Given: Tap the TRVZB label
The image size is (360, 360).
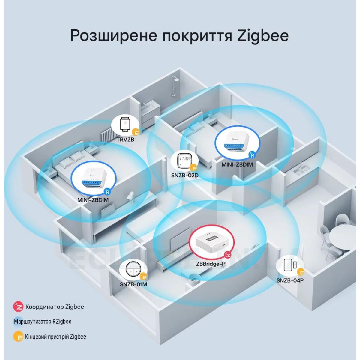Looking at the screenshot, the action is coord(125,139).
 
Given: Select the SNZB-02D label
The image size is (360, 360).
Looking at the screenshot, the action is coord(185,175).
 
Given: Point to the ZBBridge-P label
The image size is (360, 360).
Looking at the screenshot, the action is coord(211,264).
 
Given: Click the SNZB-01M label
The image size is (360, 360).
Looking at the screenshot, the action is coord(133,284).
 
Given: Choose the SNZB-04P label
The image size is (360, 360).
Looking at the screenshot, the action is coord(290,280).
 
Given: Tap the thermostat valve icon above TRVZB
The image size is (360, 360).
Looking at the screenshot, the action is coord(125,124).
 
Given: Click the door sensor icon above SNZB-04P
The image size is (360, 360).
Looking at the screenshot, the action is coord(290,265).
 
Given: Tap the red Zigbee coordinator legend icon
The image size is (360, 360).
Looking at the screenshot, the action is coord(18,307).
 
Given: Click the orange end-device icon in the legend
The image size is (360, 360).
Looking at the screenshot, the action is coord(18,337).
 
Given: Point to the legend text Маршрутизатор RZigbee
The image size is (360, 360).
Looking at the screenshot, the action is coord(43,322).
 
